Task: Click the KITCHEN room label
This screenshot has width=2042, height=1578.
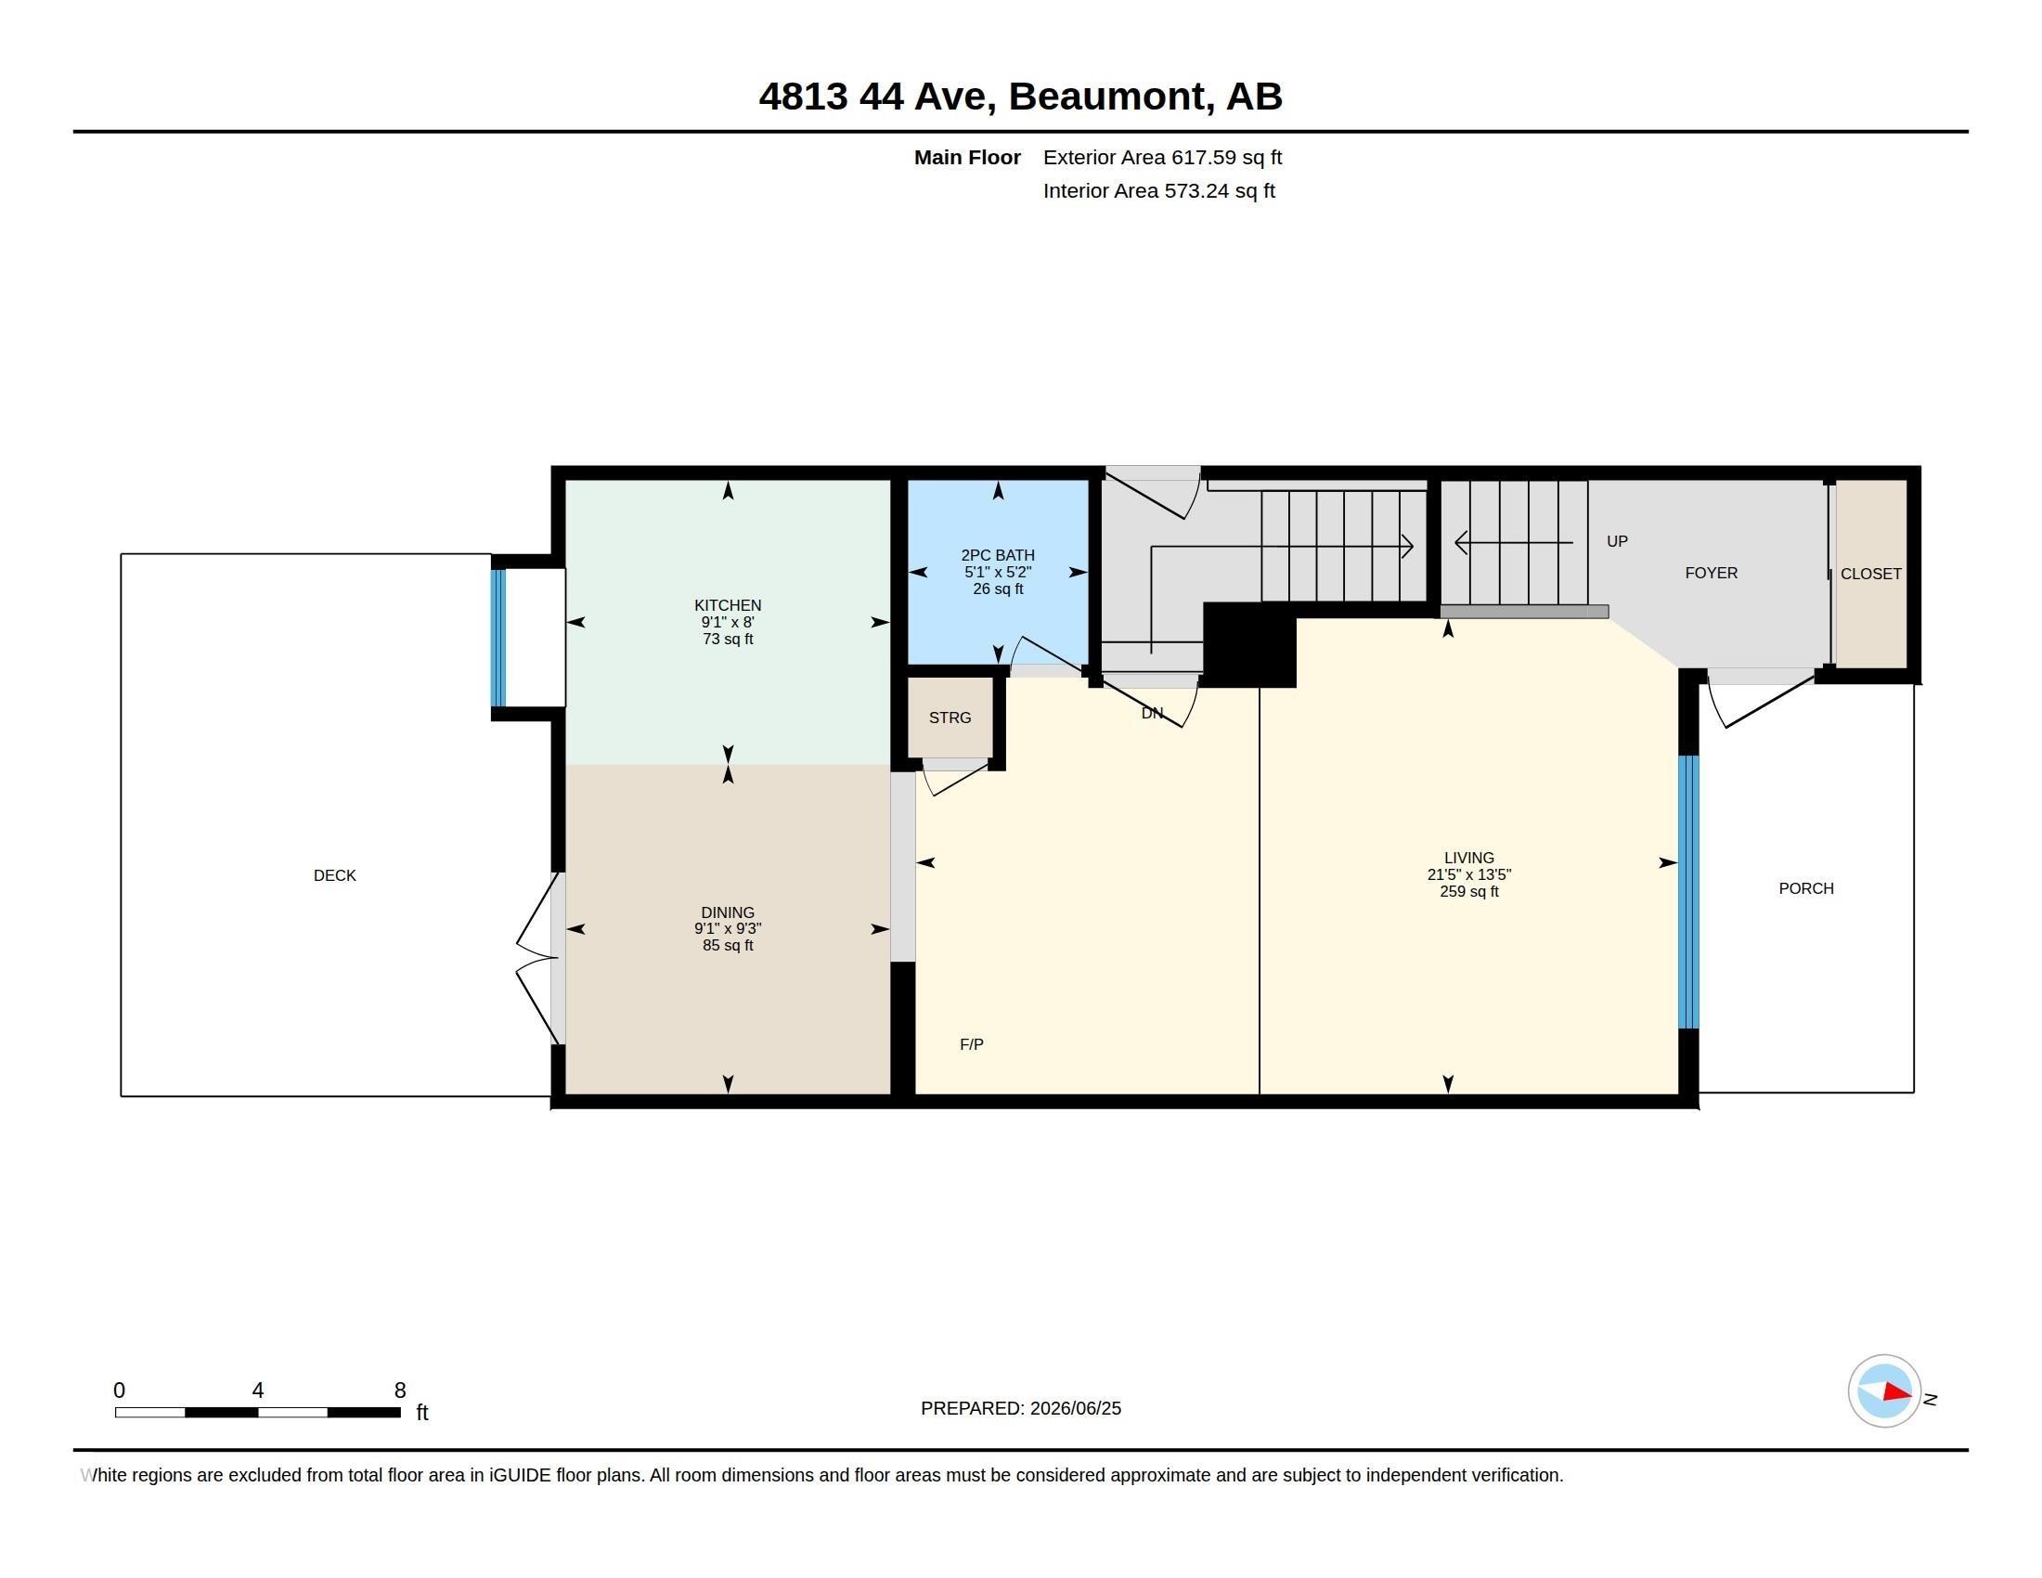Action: point(728,605)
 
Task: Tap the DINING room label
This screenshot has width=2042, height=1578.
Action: point(728,912)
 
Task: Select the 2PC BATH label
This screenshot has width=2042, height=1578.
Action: point(998,555)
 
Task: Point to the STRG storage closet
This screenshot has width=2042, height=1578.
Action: point(950,718)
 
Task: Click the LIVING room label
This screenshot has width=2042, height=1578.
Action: point(1469,859)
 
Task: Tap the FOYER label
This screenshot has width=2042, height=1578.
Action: point(1711,573)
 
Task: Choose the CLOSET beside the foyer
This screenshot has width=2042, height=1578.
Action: point(1871,574)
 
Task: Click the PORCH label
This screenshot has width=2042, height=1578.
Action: point(1806,888)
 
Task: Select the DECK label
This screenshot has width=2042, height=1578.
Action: point(335,875)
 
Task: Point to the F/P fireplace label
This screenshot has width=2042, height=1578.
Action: point(972,1044)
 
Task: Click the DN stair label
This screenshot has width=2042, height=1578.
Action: point(1152,713)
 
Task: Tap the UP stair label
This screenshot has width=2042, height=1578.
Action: point(1617,541)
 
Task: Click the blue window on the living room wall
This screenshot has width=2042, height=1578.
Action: point(1687,892)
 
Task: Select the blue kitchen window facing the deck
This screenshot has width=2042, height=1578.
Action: point(498,638)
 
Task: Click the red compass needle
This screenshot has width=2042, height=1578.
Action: point(1897,1392)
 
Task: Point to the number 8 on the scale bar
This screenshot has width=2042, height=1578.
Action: point(400,1390)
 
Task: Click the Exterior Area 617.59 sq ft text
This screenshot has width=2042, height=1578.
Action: point(1162,157)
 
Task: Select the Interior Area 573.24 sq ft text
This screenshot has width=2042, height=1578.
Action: point(1158,190)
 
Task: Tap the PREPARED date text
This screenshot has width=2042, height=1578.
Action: point(1021,1408)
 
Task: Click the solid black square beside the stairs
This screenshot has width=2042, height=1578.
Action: point(1249,645)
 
